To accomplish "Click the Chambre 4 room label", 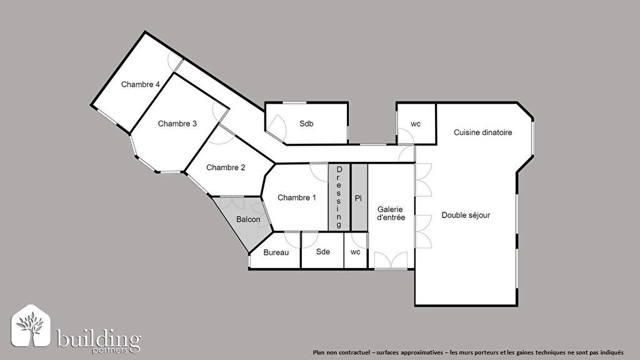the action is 141,84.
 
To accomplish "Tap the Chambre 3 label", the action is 177,124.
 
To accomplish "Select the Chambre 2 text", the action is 226,167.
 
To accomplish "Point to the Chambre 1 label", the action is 297,197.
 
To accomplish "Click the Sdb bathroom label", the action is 306,124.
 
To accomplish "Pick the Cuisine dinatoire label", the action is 483,132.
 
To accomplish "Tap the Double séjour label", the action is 466,215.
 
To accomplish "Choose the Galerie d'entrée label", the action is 391,214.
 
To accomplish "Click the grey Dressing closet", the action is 339,197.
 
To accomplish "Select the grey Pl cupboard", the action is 359,197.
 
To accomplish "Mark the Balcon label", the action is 248,219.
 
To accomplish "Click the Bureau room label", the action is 276,252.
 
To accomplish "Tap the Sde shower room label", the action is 323,252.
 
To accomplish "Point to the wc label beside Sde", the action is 356,252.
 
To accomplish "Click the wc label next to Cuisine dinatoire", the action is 416,124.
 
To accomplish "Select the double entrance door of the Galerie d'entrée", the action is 391,261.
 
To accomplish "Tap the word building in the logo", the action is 98,338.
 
